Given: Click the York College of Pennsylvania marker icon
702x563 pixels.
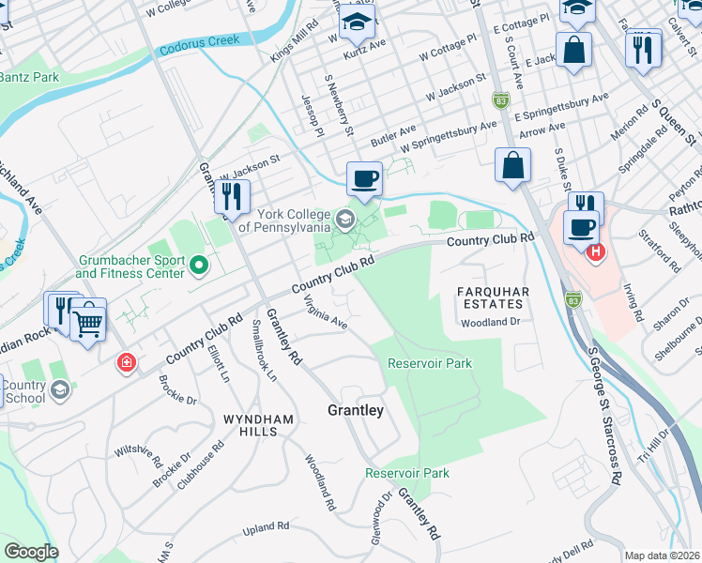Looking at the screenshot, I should coord(345,221).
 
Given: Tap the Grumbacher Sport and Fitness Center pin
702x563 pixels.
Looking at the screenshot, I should coord(198,266).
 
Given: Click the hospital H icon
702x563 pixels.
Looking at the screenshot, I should coord(594,251).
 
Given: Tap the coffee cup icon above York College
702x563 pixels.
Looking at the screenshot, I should coord(364,177).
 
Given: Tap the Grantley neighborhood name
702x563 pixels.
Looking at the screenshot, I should coord(355,411).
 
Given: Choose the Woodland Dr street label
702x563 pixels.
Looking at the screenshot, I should coord(489,322).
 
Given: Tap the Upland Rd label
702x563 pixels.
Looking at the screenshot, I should coord(263,530).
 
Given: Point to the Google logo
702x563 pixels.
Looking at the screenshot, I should coord(31,552).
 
